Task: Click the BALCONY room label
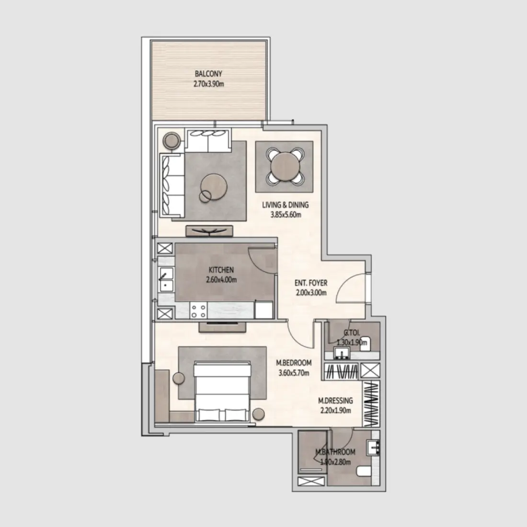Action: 208,74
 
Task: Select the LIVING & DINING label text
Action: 285,205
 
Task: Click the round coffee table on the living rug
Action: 214,186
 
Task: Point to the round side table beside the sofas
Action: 172,140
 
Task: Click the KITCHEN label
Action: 221,271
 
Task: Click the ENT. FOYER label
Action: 311,283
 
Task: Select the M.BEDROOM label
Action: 294,363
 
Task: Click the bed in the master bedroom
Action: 222,391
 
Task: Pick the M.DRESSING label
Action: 336,401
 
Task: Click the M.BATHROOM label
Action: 335,452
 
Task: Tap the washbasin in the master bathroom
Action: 373,447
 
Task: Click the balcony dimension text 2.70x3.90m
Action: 208,84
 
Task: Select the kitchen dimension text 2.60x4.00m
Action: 221,280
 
